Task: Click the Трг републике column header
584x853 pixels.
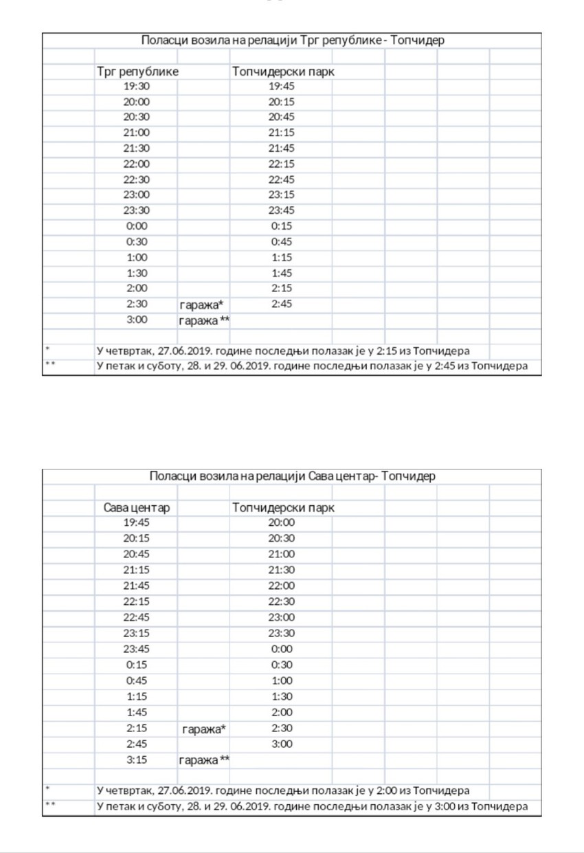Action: [x=137, y=71]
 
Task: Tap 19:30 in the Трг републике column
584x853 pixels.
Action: [x=136, y=87]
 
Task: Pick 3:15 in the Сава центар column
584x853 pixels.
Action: [x=136, y=760]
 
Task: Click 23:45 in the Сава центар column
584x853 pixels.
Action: [x=136, y=649]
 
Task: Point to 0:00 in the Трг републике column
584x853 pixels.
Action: [x=136, y=225]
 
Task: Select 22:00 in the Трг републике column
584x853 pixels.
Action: [x=136, y=164]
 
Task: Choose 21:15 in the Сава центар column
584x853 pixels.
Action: [x=136, y=570]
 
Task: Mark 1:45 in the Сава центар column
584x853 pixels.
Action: [x=136, y=712]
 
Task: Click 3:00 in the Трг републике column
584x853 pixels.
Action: [x=136, y=320]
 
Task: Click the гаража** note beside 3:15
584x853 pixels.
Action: [x=204, y=760]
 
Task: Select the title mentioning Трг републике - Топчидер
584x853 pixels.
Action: [x=293, y=40]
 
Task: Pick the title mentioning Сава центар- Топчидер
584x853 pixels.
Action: [x=293, y=476]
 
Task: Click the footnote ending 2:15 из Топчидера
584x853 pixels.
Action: [x=283, y=351]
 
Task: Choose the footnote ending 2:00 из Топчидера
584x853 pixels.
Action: [x=283, y=790]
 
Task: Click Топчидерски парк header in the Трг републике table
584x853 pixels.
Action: [x=283, y=71]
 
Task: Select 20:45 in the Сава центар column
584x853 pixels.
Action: [x=136, y=554]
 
